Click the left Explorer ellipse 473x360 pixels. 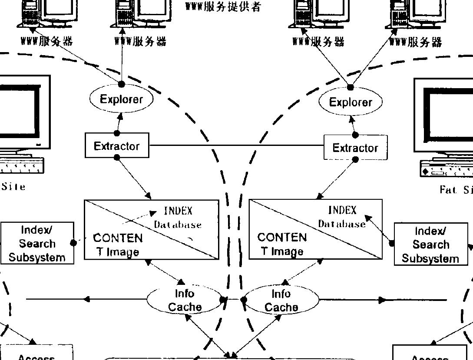pyautogui.click(x=122, y=99)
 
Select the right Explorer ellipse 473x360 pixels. pyautogui.click(x=351, y=102)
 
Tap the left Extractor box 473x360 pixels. pyautogui.click(x=117, y=146)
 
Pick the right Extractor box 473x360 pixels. pyautogui.click(x=355, y=148)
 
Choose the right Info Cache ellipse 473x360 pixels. pyautogui.click(x=281, y=301)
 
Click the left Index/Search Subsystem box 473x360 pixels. pyautogui.click(x=37, y=244)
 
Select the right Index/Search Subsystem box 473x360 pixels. pyautogui.click(x=430, y=244)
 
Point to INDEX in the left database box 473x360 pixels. pyautogui.click(x=178, y=211)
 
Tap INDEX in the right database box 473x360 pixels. pyautogui.click(x=342, y=211)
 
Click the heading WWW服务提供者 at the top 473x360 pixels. pyautogui.click(x=223, y=7)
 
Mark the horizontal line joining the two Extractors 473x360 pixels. pyautogui.click(x=237, y=145)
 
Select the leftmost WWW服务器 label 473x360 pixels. pyautogui.click(x=46, y=41)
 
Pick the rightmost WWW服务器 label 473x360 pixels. pyautogui.click(x=416, y=42)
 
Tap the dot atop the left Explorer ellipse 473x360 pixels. pyautogui.click(x=122, y=83)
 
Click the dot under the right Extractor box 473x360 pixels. pyautogui.click(x=355, y=160)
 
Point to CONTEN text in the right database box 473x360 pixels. pyautogui.click(x=282, y=238)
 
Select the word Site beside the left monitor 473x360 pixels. pyautogui.click(x=13, y=187)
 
